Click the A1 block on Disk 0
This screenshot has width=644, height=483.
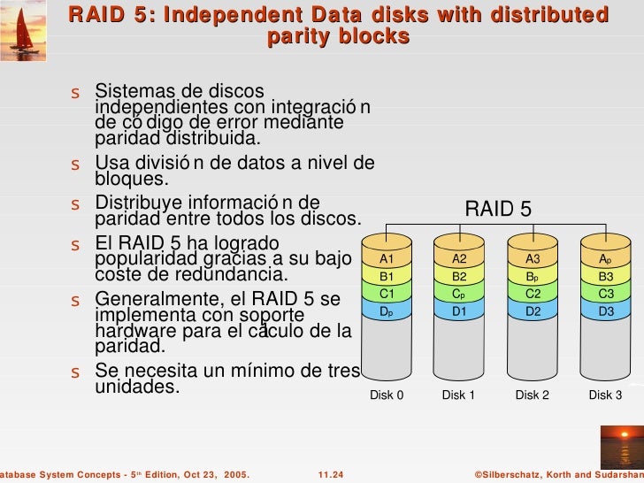click(386, 259)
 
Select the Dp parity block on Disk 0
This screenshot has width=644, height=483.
click(386, 311)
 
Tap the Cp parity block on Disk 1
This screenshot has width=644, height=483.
click(459, 294)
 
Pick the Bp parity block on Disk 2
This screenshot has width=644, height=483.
click(533, 276)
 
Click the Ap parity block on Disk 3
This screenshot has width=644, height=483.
click(606, 259)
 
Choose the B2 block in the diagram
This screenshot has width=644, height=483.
click(459, 276)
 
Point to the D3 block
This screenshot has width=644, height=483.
click(606, 311)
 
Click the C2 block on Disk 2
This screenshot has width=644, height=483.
click(533, 294)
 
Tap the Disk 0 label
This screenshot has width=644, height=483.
click(387, 395)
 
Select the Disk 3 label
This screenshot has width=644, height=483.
click(606, 395)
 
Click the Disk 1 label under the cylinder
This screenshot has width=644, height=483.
click(459, 395)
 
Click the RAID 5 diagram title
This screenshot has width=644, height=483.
click(498, 210)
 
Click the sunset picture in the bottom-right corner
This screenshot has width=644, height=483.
click(622, 442)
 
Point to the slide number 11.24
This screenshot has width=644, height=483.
click(331, 475)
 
